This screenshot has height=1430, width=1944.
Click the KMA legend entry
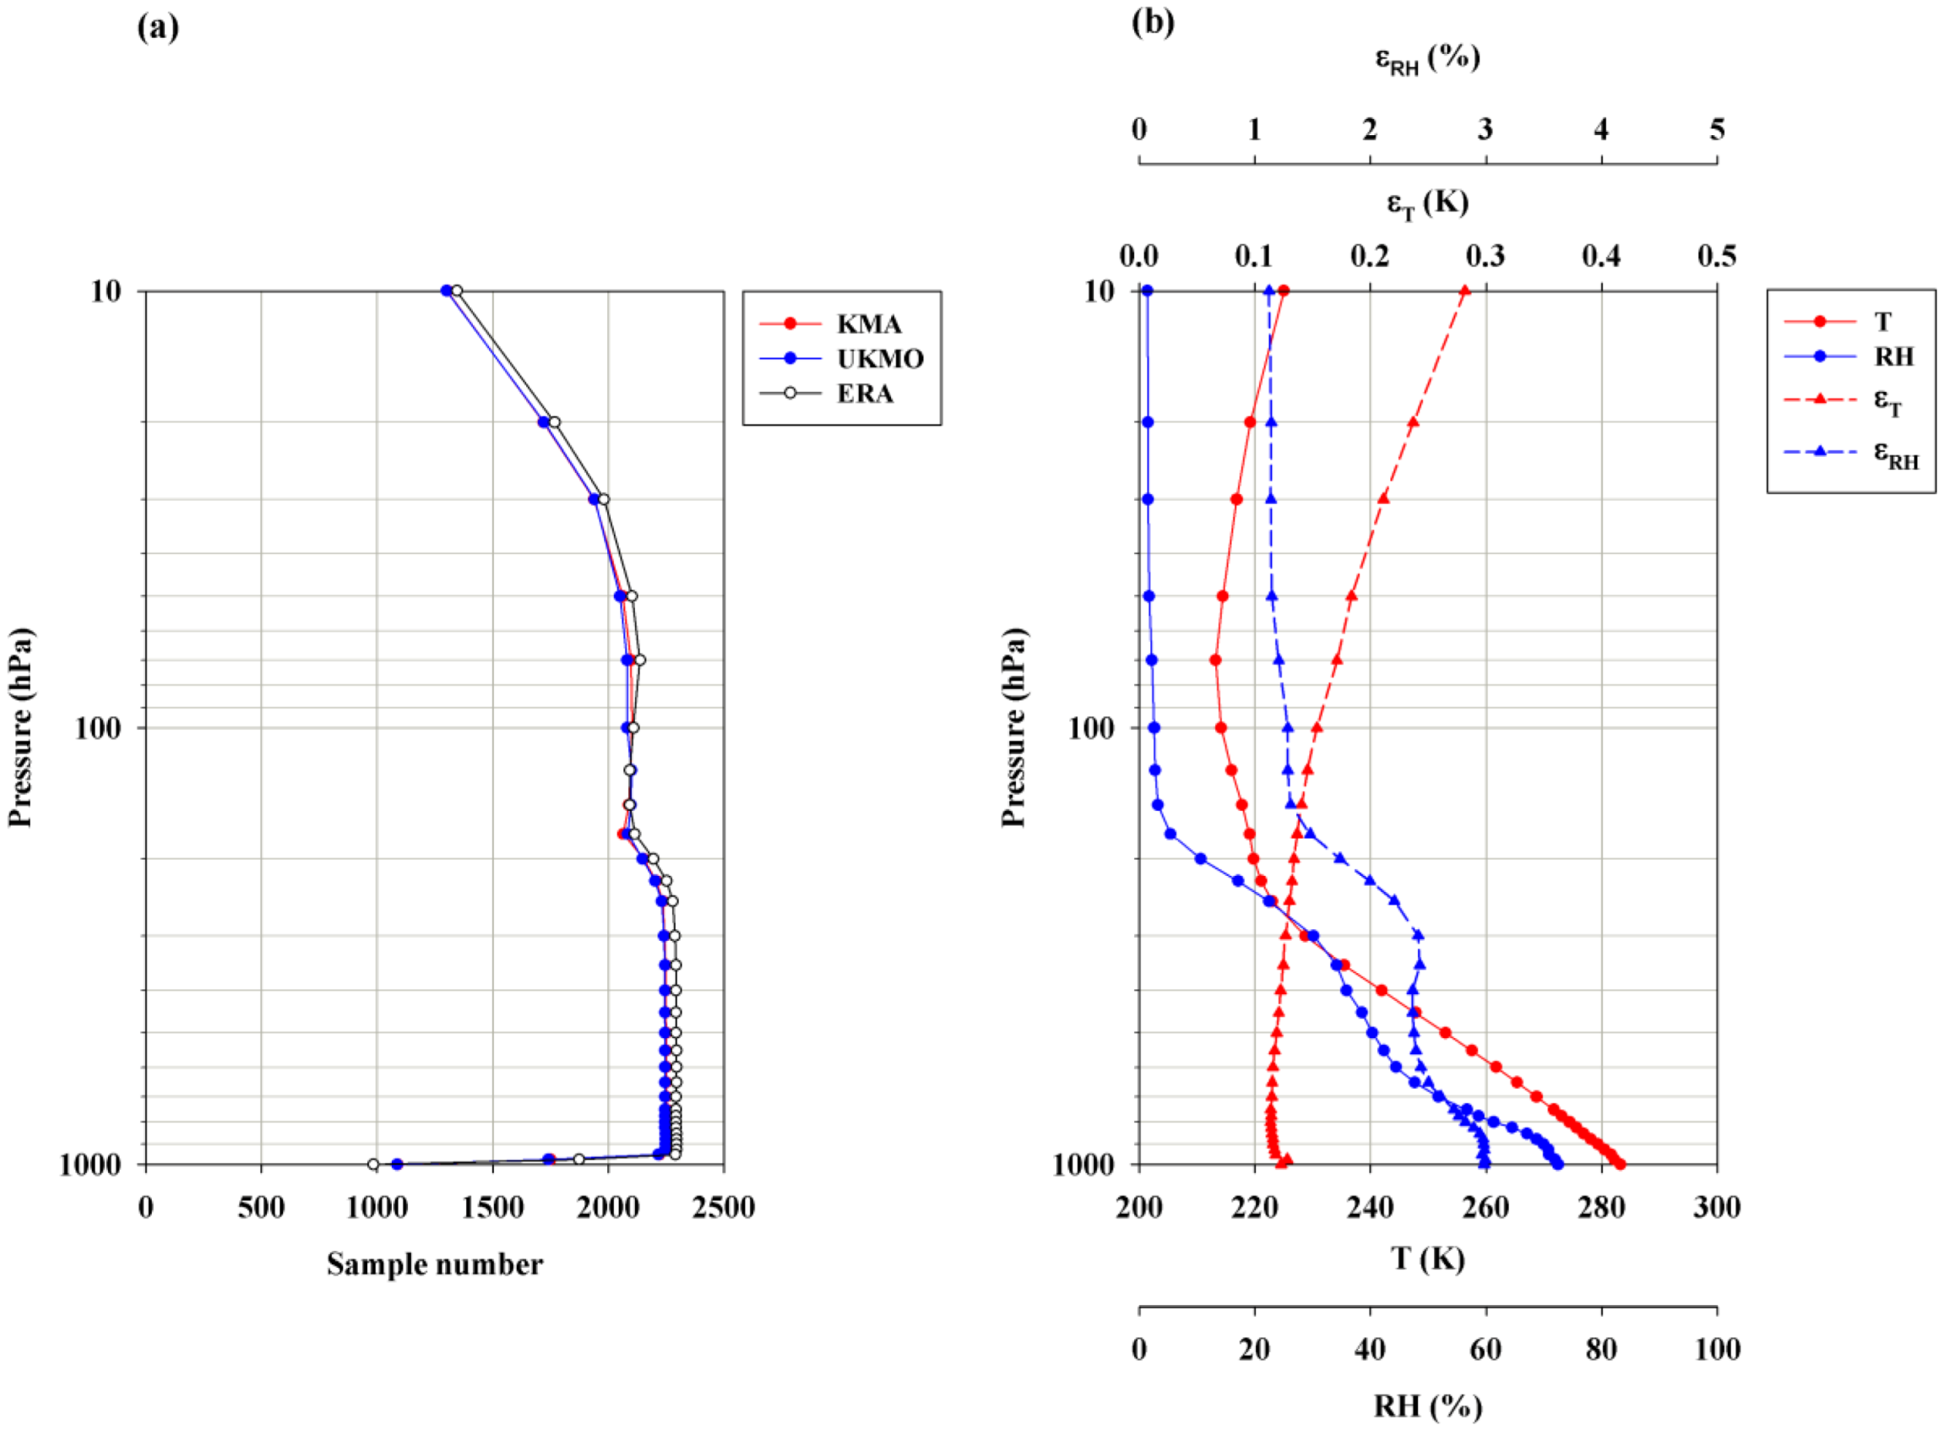click(867, 324)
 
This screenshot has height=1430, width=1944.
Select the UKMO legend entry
click(878, 358)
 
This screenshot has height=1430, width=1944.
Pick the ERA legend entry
click(864, 394)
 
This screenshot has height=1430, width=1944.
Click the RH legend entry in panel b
click(1893, 356)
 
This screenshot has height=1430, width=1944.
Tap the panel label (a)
click(159, 28)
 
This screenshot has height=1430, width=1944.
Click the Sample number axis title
click(435, 1264)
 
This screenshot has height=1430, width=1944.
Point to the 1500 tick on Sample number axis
click(492, 1208)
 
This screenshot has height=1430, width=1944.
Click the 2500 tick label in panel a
click(724, 1208)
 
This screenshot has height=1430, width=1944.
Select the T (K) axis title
click(1427, 1258)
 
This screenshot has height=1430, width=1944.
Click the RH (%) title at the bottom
click(1427, 1406)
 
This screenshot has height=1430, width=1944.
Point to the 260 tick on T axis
click(1485, 1208)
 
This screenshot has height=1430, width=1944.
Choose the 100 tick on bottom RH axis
click(1716, 1350)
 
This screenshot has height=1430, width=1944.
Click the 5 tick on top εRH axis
click(1716, 130)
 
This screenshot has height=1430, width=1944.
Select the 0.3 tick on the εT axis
click(1485, 256)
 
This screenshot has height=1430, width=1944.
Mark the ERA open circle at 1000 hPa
click(373, 1164)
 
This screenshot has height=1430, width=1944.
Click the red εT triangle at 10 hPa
click(1464, 291)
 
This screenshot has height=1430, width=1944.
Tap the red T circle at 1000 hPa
click(1620, 1164)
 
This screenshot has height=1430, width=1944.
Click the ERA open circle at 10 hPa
click(457, 291)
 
